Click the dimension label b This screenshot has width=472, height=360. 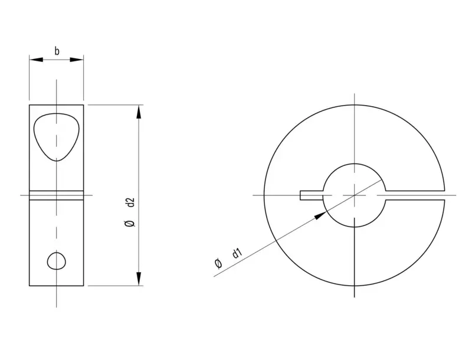[57, 51]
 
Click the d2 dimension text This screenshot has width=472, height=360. [130, 202]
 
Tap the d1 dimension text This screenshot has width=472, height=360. [237, 253]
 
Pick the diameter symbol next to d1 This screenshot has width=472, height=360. [218, 263]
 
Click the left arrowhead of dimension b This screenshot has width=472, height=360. [36, 60]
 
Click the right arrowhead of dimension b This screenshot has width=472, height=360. [77, 60]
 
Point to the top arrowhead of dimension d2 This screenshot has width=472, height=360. [139, 112]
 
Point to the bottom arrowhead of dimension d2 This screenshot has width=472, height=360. [139, 279]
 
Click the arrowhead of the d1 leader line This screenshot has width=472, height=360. [320, 215]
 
